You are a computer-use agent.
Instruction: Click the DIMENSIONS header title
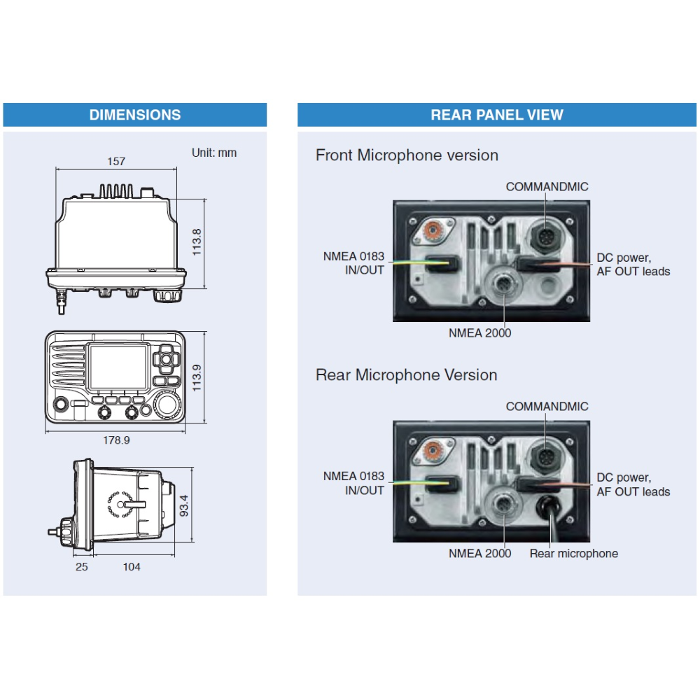(x=134, y=115)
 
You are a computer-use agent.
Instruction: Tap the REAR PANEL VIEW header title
(x=496, y=115)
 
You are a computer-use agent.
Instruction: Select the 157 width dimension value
(x=116, y=162)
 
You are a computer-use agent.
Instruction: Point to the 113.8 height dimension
(x=197, y=242)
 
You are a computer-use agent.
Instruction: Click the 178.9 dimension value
(x=116, y=440)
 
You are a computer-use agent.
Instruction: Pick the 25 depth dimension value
(x=82, y=566)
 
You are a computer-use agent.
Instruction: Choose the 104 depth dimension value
(x=132, y=566)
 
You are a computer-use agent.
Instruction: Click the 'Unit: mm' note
(x=214, y=153)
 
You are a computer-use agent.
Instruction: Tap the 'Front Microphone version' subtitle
(x=407, y=155)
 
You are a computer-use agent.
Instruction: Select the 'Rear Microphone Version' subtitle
(x=406, y=375)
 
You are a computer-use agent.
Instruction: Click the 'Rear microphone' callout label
(x=573, y=554)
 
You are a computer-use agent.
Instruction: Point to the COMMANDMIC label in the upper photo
(x=547, y=187)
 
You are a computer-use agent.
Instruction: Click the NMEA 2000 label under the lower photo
(x=479, y=554)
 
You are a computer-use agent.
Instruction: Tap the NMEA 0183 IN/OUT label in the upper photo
(x=353, y=263)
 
